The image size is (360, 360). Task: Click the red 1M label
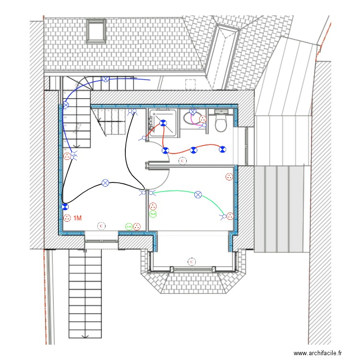(x=77, y=218)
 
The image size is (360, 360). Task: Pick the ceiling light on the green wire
(x=198, y=194)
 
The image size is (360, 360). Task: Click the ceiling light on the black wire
(x=106, y=183)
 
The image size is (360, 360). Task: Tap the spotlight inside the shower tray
(x=163, y=123)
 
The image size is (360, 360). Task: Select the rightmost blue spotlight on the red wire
(x=222, y=150)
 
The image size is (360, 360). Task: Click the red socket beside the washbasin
(x=203, y=119)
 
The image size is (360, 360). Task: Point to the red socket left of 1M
(x=67, y=218)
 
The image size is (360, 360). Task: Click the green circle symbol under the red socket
(x=153, y=214)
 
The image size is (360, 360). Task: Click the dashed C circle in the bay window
(x=192, y=262)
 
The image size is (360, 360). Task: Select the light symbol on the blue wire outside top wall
(x=105, y=80)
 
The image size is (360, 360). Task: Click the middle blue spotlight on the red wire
(x=193, y=150)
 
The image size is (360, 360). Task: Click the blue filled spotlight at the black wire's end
(x=65, y=207)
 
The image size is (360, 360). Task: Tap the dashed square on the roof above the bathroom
(x=191, y=84)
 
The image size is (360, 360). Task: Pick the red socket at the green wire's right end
(x=230, y=216)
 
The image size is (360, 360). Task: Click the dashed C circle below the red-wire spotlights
(x=182, y=161)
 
